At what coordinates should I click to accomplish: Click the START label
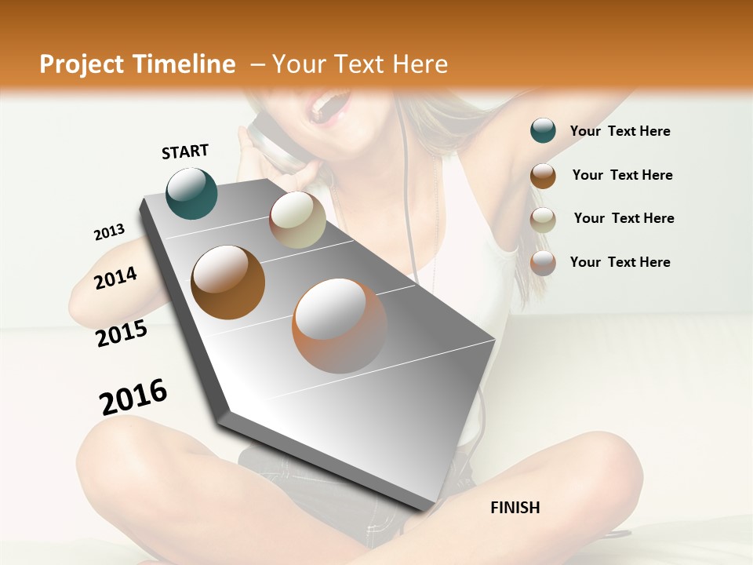tap(185, 151)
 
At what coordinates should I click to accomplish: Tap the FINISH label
tap(515, 508)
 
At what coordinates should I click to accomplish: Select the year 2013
tap(109, 232)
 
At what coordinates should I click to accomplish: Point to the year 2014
tap(115, 278)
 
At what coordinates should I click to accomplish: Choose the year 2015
tap(122, 334)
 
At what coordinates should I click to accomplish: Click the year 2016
tap(133, 397)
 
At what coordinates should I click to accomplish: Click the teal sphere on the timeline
tap(191, 194)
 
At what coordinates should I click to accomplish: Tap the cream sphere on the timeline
tap(297, 220)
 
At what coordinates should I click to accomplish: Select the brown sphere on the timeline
tap(227, 282)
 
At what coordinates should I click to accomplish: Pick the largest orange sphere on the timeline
tap(340, 326)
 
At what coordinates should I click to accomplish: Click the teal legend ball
tap(543, 131)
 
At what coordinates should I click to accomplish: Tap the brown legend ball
tap(543, 175)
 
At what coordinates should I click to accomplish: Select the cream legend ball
tap(543, 219)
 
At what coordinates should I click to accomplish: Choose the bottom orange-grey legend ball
tap(543, 263)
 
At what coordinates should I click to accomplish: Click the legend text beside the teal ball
tap(620, 131)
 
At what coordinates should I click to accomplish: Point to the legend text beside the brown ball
tap(622, 175)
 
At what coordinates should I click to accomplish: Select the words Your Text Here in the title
tap(360, 64)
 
